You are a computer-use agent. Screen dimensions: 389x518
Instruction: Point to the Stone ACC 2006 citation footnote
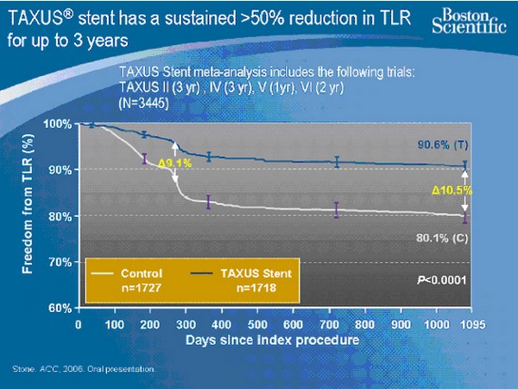click(x=84, y=369)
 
